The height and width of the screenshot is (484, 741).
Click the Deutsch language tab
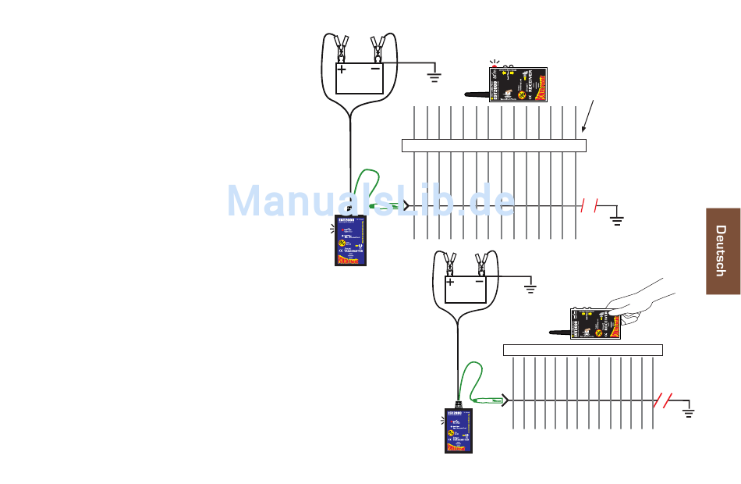point(723,251)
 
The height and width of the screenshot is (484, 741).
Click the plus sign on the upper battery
point(342,69)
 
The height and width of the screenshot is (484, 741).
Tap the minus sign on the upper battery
point(376,69)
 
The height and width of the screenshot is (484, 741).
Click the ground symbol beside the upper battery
point(435,77)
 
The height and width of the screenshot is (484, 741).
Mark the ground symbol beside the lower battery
point(530,290)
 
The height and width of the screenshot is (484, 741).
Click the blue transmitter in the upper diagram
point(353,240)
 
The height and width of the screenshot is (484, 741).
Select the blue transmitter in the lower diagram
point(461,430)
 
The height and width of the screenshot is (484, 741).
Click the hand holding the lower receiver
point(643,303)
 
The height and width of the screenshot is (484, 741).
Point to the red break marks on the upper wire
point(590,206)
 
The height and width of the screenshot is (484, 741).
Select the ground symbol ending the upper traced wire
point(617,219)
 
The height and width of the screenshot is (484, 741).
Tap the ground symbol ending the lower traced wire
point(689,411)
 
